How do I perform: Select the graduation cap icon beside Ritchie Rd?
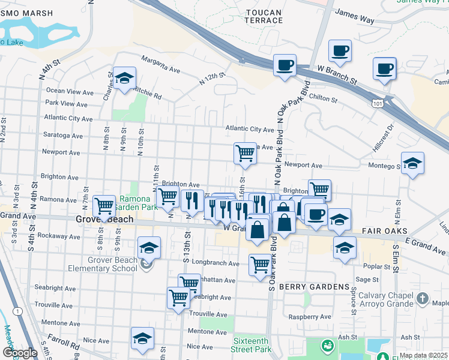click(x=125, y=78)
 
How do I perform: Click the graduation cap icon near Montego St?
click(x=412, y=163)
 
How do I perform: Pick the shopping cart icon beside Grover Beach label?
click(x=104, y=206)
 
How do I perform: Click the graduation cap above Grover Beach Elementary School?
click(x=149, y=247)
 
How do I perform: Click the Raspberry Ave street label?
click(x=310, y=316)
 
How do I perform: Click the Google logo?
click(x=20, y=353)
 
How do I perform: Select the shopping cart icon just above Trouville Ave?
click(x=178, y=297)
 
